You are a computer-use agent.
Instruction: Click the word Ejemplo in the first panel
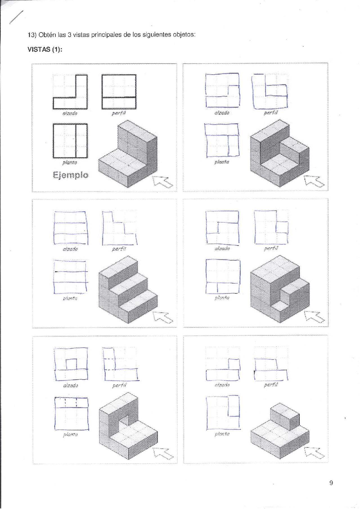point(70,175)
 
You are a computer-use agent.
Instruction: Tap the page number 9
point(331,483)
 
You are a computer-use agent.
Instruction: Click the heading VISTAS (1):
point(45,49)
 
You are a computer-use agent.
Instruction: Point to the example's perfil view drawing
point(119,92)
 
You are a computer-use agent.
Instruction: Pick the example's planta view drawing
point(70,141)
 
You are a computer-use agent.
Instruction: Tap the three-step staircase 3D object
point(128,289)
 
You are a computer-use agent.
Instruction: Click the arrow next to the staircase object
point(163,317)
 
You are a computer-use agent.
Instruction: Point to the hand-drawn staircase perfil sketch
point(119,228)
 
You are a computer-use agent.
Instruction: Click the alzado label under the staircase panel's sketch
point(70,249)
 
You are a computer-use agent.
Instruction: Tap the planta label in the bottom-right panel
point(222,434)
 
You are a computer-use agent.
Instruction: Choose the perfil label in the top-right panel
point(271,113)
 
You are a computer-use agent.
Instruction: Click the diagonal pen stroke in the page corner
point(16,17)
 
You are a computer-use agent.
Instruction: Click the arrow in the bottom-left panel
point(163,453)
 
